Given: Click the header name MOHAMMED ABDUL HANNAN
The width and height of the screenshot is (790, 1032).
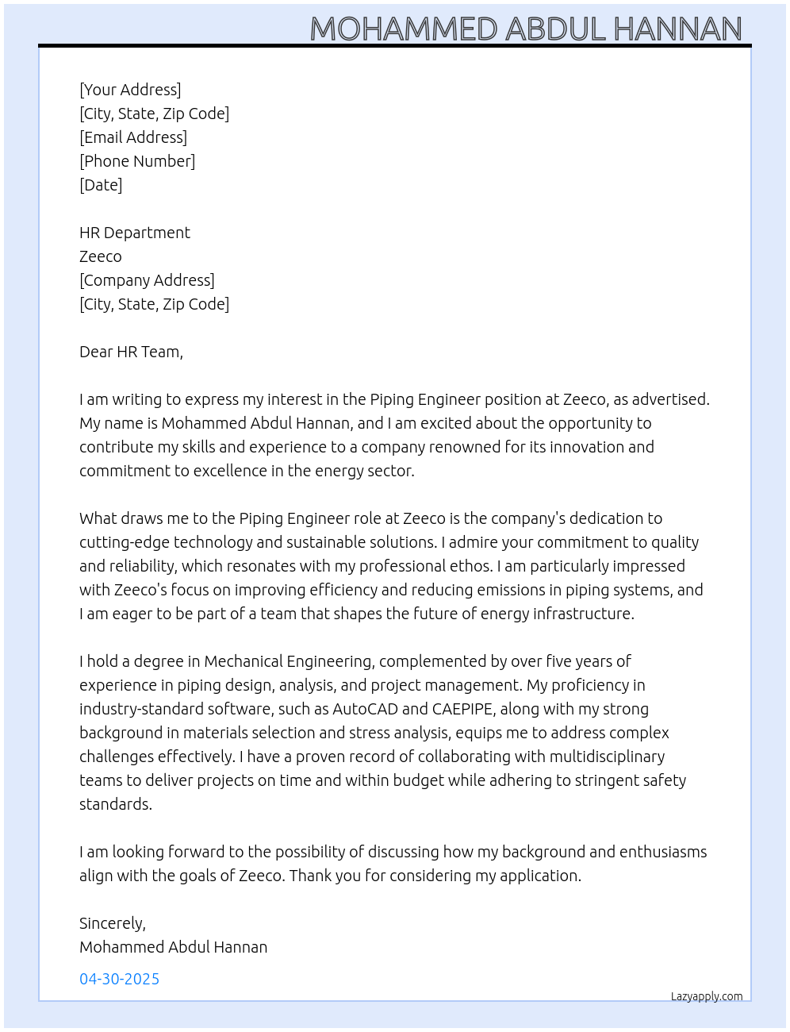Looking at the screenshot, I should [525, 29].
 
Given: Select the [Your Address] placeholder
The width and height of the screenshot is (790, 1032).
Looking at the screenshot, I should [130, 90].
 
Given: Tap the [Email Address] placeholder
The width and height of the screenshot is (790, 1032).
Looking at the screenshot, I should [133, 137].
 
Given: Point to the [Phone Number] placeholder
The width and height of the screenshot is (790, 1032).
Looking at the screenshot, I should [137, 161].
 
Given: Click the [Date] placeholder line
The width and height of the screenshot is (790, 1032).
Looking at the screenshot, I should [101, 185].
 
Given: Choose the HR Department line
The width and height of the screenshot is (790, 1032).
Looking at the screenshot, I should [135, 233].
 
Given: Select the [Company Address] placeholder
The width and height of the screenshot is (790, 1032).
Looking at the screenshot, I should [147, 280].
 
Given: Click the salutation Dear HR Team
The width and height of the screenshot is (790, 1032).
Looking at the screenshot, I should [131, 352].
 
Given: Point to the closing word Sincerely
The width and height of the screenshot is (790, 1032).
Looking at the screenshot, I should [112, 923].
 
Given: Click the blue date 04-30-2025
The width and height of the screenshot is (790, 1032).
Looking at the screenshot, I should [120, 979].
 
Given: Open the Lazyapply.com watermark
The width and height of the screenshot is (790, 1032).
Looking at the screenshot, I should [707, 996].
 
